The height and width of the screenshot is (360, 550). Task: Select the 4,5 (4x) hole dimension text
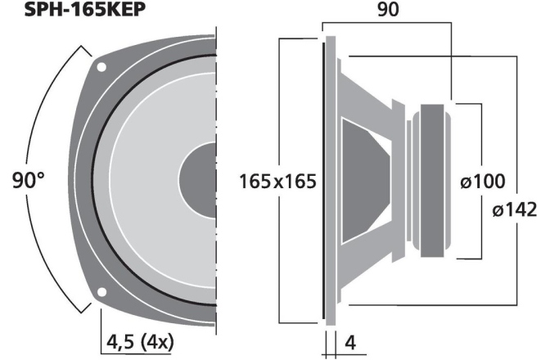point(139,340)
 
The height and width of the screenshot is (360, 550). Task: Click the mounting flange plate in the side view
point(330,180)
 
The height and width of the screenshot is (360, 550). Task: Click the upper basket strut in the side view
point(376,90)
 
